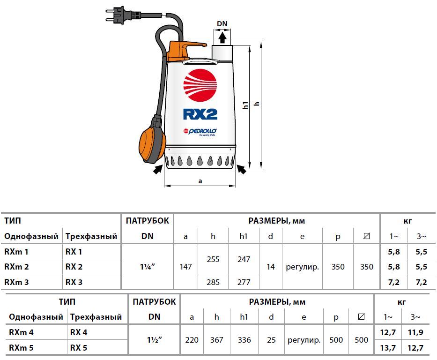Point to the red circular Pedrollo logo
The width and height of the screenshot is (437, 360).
point(200,85)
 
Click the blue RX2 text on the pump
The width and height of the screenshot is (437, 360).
point(200,114)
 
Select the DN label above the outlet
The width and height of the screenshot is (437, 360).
point(222,24)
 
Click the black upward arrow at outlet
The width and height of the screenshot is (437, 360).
point(222,38)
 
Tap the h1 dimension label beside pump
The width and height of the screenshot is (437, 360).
point(245,105)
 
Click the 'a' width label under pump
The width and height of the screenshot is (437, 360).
point(200,181)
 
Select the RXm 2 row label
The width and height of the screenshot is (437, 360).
point(16,267)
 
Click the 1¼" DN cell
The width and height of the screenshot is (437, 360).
point(148,267)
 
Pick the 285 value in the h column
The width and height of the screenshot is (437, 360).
point(213,282)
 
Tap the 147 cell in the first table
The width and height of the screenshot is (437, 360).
point(185,267)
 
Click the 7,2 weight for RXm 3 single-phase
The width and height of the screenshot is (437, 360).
point(394,283)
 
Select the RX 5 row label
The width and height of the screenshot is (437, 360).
point(79,348)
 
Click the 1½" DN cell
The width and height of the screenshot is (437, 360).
point(155,340)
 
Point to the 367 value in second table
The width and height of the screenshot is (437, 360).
point(216,340)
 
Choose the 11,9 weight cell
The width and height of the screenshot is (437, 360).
point(415,332)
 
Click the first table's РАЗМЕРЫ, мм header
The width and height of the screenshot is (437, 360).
point(276,221)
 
